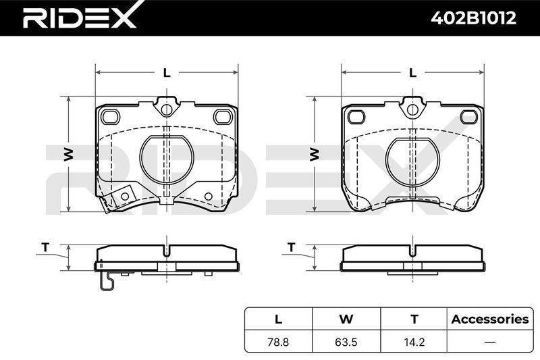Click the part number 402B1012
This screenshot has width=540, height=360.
pyautogui.click(x=474, y=18)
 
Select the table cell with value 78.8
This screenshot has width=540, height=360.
pyautogui.click(x=278, y=342)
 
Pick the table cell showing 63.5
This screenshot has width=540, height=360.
pyautogui.click(x=346, y=342)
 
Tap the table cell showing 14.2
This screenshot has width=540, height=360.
pyautogui.click(x=414, y=342)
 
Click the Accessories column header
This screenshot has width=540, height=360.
pyautogui.click(x=490, y=319)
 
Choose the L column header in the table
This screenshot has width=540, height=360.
pyautogui.click(x=278, y=319)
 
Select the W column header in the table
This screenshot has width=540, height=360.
pyautogui.click(x=346, y=319)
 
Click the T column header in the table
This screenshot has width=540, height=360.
pyautogui.click(x=414, y=319)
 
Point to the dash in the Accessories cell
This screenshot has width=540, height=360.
pyautogui.click(x=490, y=342)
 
